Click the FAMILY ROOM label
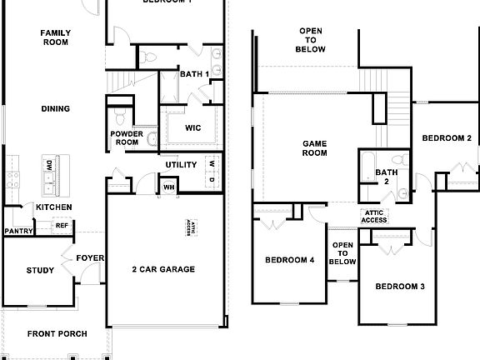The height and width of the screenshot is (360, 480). (x=55, y=37)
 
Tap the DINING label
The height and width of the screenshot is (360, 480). (x=55, y=108)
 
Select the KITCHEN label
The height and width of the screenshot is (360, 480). (x=53, y=207)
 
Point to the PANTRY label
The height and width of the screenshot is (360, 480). (x=17, y=231)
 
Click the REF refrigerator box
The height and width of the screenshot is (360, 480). (x=62, y=225)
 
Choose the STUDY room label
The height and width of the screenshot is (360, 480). (x=40, y=270)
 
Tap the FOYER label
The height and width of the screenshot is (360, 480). (x=90, y=258)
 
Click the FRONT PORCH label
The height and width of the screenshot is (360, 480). (x=57, y=334)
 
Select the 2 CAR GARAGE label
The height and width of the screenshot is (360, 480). (x=163, y=269)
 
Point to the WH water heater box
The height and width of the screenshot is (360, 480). (x=168, y=187)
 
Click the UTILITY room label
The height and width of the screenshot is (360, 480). (x=181, y=165)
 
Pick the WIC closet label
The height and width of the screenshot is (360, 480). (x=192, y=127)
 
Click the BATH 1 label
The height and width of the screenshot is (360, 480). (x=194, y=74)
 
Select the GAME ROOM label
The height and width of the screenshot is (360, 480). (x=314, y=148)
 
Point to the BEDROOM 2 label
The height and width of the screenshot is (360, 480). (x=446, y=137)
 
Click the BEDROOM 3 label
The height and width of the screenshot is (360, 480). (x=400, y=287)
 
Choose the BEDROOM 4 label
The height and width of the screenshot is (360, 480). (x=289, y=260)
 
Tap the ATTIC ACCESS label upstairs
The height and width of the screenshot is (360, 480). (x=374, y=216)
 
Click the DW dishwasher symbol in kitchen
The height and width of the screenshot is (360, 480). (x=49, y=164)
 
